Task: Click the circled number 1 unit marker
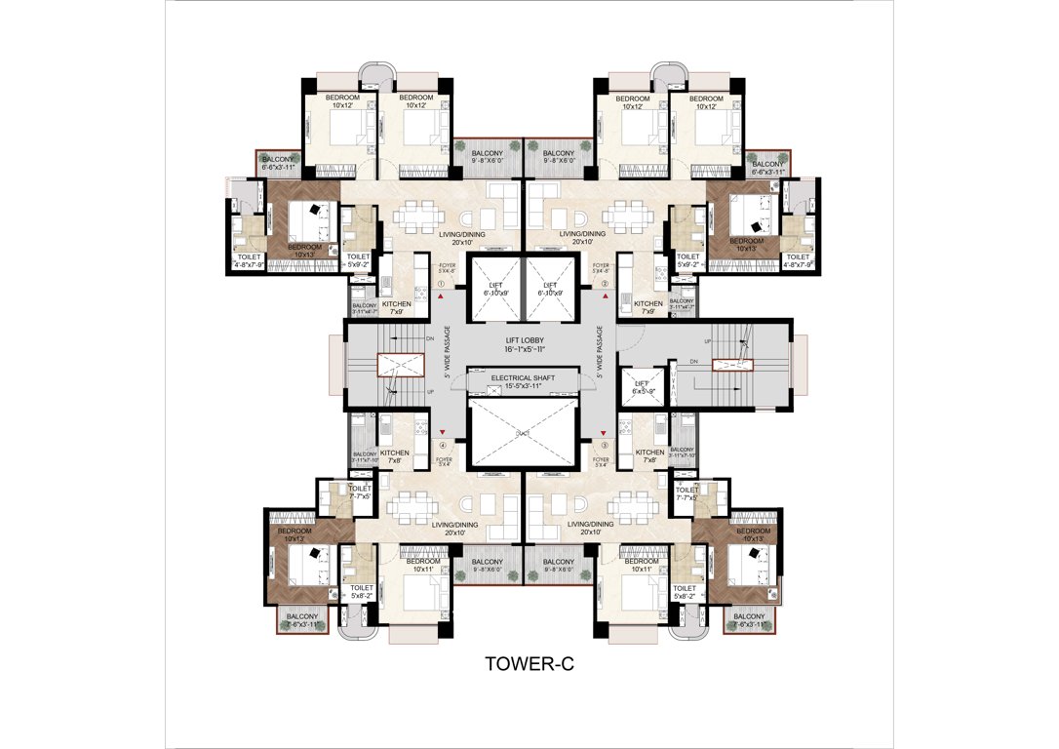coord(442,285)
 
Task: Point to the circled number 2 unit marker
coord(605,285)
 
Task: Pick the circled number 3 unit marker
coord(605,446)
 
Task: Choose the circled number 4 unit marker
coord(442,446)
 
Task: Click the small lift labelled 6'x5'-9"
coord(641,385)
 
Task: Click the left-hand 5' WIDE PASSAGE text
coord(448,351)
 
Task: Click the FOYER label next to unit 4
coord(446,460)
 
